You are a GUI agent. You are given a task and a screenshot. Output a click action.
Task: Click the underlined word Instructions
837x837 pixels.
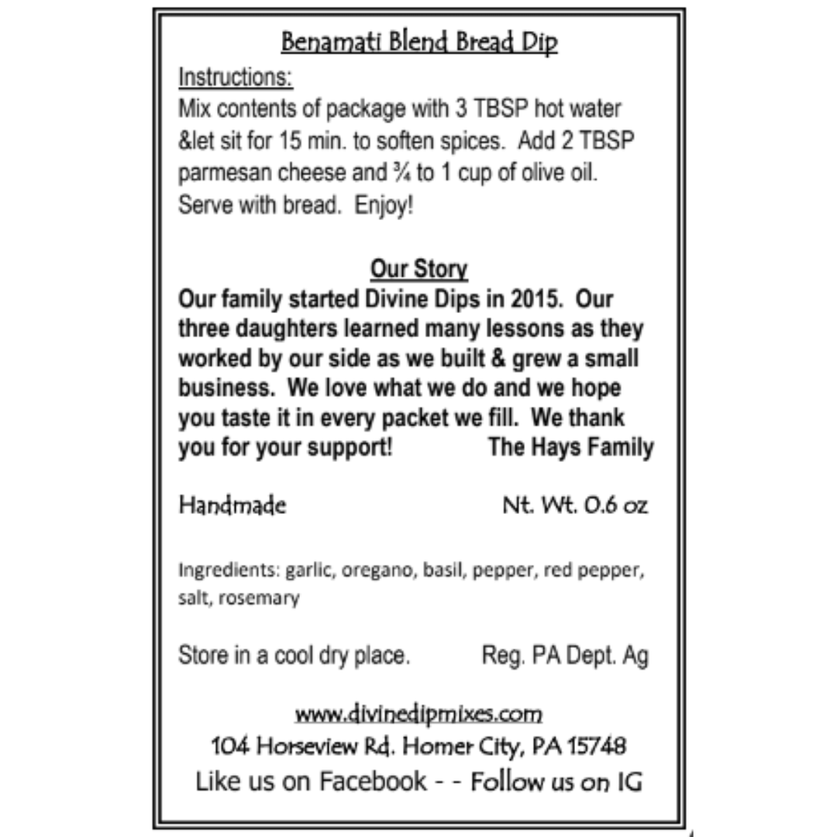pyautogui.click(x=236, y=78)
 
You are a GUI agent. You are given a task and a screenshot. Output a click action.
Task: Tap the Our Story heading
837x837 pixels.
pyautogui.click(x=418, y=269)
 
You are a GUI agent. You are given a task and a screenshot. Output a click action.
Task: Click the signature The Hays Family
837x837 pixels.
pyautogui.click(x=570, y=448)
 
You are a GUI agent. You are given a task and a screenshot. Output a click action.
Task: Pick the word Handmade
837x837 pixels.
pyautogui.click(x=232, y=506)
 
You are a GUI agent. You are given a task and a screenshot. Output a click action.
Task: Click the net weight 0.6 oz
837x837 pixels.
pyautogui.click(x=575, y=506)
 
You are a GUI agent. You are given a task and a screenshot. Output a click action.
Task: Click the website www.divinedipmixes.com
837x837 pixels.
pyautogui.click(x=418, y=712)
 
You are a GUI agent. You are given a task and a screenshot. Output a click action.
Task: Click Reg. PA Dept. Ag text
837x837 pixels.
pyautogui.click(x=565, y=656)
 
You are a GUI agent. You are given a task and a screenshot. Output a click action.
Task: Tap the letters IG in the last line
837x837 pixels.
pyautogui.click(x=629, y=781)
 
